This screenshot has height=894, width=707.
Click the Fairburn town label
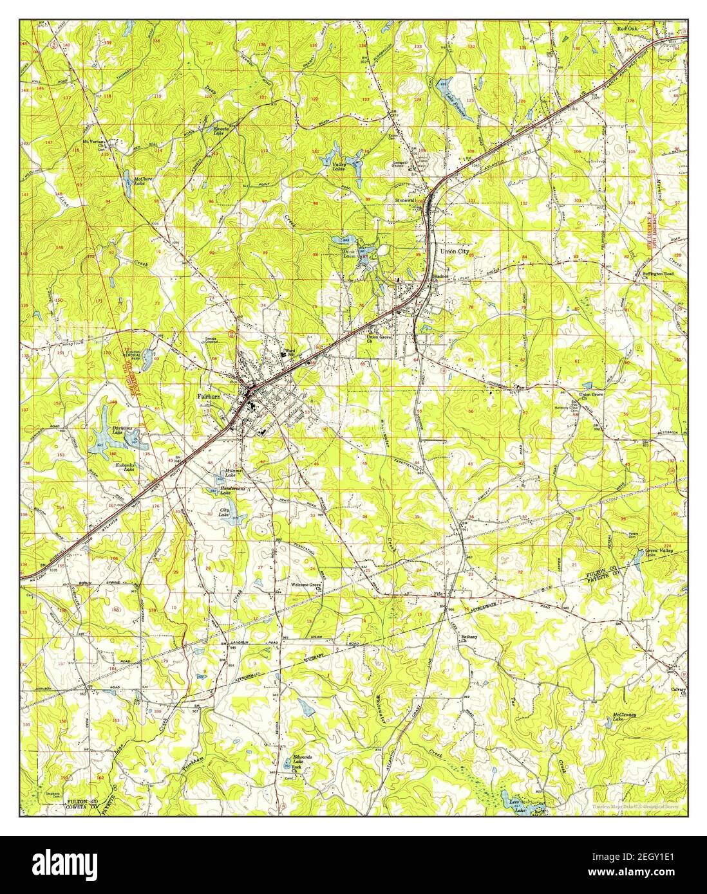tap(209, 397)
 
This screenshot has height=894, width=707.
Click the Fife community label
tap(438, 592)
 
